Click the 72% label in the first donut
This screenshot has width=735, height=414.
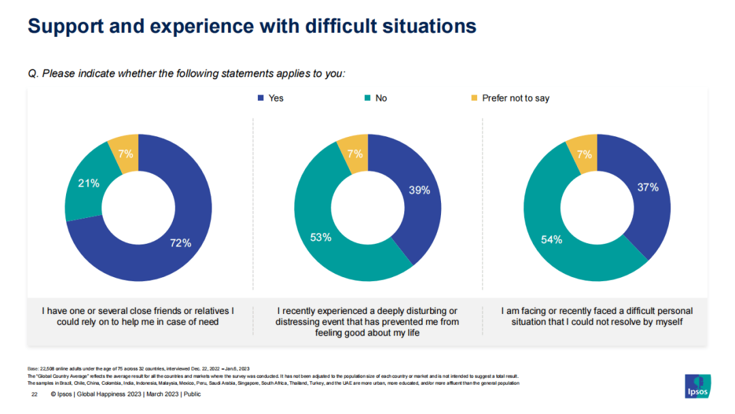180,243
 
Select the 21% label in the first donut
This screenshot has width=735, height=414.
88,183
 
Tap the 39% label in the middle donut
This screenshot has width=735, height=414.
419,191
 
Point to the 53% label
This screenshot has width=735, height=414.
321,237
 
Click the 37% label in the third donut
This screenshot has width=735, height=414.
647,187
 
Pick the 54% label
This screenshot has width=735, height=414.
551,239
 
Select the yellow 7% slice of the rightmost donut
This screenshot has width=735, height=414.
583,154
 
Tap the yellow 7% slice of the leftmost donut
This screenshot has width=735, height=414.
125,154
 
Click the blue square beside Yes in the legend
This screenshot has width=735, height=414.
261,98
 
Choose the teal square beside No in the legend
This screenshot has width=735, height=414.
367,98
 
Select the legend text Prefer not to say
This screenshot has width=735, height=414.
515,98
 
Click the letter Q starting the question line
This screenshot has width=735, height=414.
32,74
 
